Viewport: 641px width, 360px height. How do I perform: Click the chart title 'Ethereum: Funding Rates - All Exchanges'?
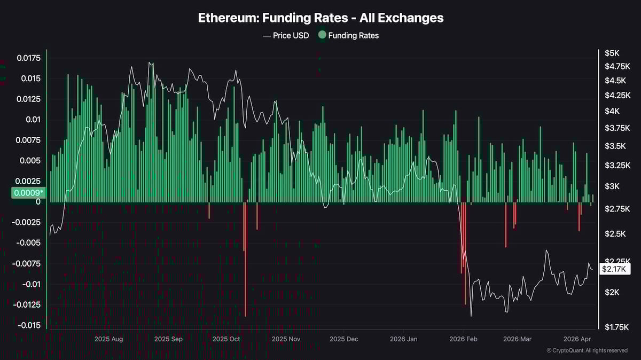click(x=320, y=18)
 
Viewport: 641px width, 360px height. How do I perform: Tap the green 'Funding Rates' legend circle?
click(x=322, y=36)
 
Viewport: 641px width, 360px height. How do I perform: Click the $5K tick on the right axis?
click(x=612, y=53)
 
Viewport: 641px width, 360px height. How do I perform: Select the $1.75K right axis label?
click(x=616, y=327)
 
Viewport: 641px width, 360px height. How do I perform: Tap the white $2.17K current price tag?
click(x=615, y=269)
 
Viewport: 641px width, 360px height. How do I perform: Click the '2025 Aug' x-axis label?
click(x=108, y=339)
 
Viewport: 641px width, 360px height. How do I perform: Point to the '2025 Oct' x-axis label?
click(x=227, y=339)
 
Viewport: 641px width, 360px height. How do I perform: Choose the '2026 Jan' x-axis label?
click(x=403, y=339)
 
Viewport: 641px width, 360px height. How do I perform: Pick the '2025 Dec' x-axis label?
click(x=344, y=339)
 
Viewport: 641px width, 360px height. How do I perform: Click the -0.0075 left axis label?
click(x=29, y=263)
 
